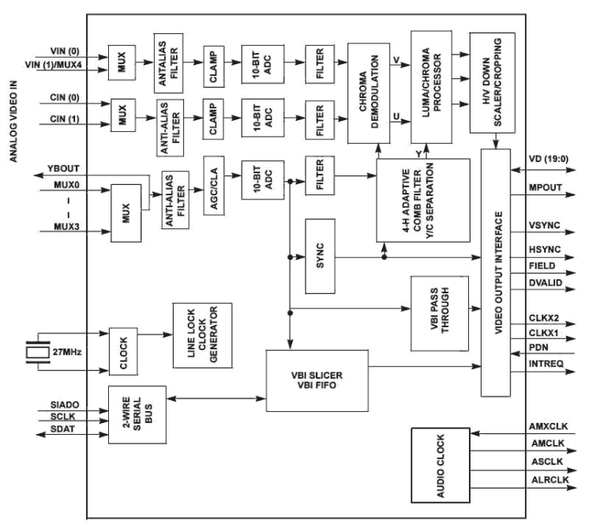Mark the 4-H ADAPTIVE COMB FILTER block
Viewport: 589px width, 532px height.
(422, 201)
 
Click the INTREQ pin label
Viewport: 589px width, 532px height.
(544, 363)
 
